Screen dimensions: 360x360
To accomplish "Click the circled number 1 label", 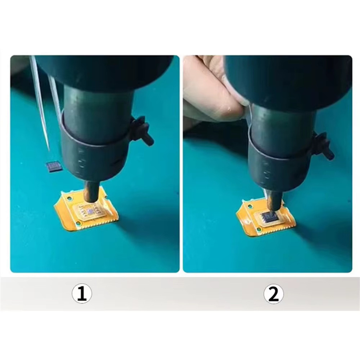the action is (82, 294).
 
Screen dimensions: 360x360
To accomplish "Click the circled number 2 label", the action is (273, 294).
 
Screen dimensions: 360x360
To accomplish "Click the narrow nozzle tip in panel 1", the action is (91, 192).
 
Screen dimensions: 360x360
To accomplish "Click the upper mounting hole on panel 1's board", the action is (68, 198).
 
